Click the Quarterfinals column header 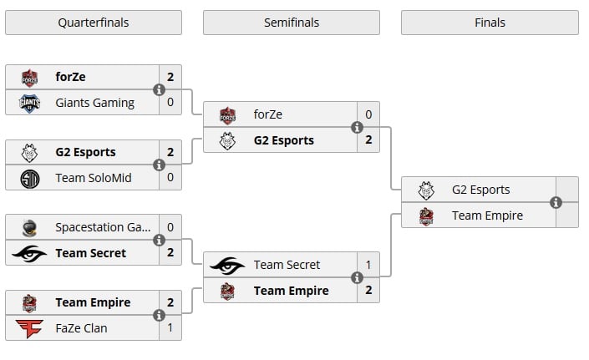(x=94, y=23)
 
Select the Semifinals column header (x=291, y=23)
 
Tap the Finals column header (x=490, y=23)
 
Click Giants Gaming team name (x=94, y=103)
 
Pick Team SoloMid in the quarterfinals (x=94, y=178)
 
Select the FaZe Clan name (x=81, y=328)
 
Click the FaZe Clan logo (x=30, y=328)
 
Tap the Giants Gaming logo (x=30, y=103)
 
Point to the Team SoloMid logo (x=30, y=178)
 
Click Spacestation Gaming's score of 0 (x=170, y=227)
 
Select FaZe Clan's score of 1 (x=170, y=328)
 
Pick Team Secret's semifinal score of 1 (x=368, y=265)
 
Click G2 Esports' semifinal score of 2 (x=368, y=140)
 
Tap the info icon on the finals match (x=556, y=202)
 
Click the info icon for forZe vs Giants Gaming (x=159, y=90)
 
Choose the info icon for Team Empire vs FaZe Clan (x=159, y=316)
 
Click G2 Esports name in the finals (x=480, y=190)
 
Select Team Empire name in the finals (x=487, y=215)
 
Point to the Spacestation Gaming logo (x=30, y=227)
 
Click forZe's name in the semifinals (x=270, y=114)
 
